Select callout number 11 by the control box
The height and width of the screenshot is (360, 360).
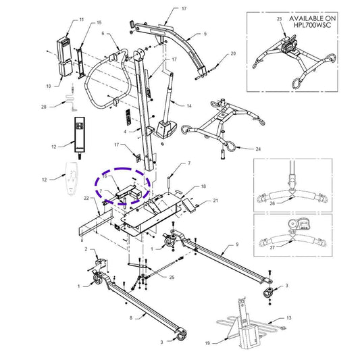82,21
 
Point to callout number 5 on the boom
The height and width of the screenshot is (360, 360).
206,32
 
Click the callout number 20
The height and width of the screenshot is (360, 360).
234,53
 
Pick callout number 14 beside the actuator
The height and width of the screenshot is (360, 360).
189,106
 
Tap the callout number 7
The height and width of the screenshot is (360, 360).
190,163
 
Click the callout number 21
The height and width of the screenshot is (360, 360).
216,201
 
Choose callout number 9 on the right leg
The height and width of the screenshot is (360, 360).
237,243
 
